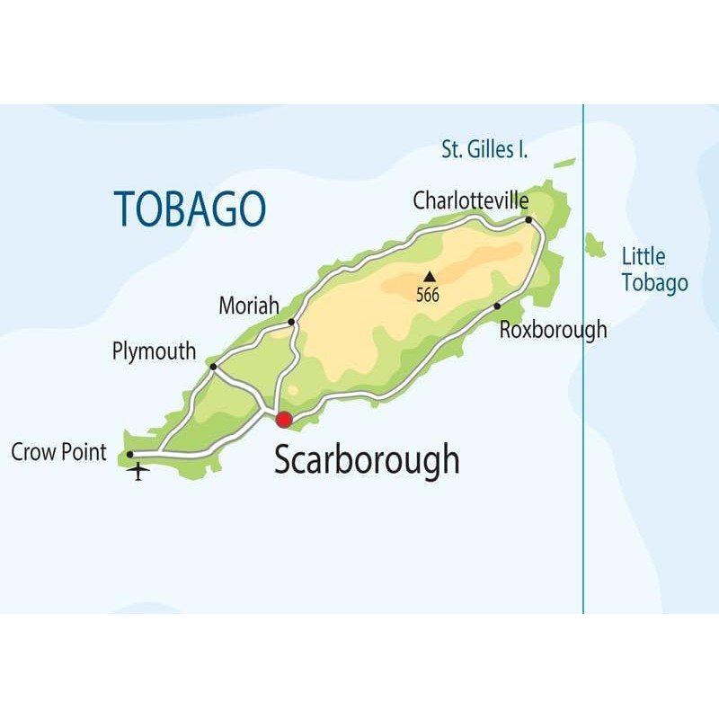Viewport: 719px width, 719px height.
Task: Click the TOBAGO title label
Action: [x=190, y=209]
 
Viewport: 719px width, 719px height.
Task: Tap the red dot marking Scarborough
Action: [x=284, y=420]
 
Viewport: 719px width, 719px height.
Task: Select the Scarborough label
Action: [x=367, y=459]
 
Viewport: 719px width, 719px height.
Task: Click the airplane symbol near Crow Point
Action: [x=138, y=470]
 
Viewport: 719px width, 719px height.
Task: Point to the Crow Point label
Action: [x=59, y=452]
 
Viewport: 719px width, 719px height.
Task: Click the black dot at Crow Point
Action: [x=130, y=454]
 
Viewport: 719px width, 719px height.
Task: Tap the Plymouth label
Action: [x=154, y=351]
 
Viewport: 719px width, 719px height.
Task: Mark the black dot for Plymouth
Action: [x=213, y=366]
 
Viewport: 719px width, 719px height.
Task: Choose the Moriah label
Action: [x=249, y=306]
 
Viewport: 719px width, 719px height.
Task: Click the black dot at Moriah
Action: [x=291, y=321]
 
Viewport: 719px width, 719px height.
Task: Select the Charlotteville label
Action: [x=470, y=200]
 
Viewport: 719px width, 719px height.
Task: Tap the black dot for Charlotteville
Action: [x=528, y=219]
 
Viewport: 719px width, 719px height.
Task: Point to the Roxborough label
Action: [x=553, y=330]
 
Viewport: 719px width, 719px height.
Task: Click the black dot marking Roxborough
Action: [x=497, y=306]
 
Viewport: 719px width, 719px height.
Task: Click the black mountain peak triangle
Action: [x=430, y=277]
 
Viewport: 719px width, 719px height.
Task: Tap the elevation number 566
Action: [x=429, y=295]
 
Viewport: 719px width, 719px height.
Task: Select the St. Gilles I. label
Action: [x=484, y=150]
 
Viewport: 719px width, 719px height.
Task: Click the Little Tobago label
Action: [x=654, y=270]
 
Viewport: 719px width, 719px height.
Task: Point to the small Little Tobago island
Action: [x=594, y=244]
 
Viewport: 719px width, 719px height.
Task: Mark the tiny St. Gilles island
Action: [x=564, y=164]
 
